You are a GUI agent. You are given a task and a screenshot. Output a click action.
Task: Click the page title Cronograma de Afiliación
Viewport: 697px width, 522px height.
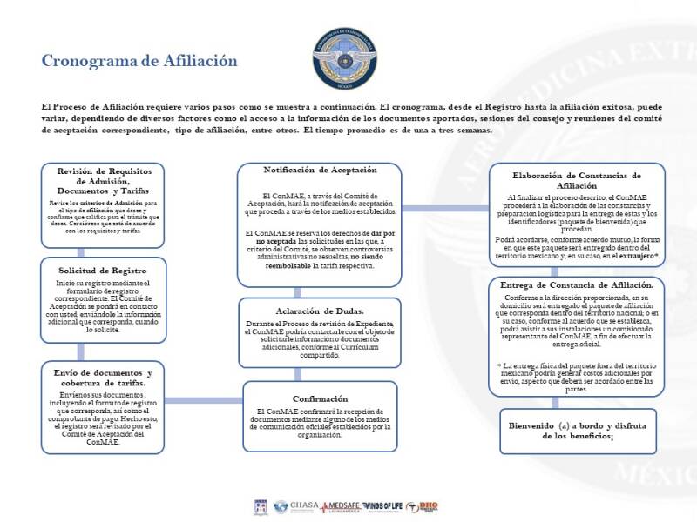coord(139,61)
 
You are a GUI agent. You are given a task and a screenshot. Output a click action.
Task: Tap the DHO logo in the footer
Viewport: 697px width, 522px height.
coord(428,505)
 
